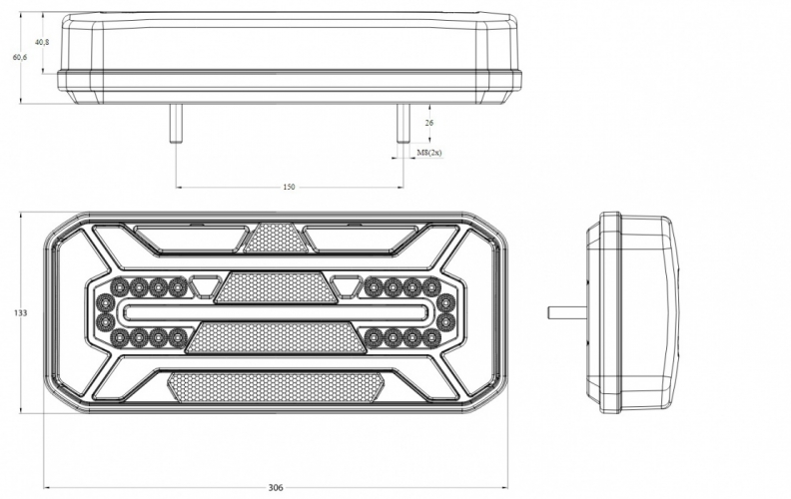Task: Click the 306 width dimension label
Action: [276, 487]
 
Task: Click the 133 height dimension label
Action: [20, 313]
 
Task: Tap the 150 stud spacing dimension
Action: [289, 187]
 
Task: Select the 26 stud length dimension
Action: [429, 123]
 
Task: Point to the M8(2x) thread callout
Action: [429, 153]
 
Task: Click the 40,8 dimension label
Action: [42, 42]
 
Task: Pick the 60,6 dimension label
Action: [20, 57]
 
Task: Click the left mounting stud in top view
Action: [176, 124]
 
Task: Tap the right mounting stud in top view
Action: [403, 124]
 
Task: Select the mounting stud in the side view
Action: [567, 312]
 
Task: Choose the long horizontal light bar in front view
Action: [276, 312]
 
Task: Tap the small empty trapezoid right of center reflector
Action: [346, 284]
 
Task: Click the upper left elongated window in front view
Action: [191, 239]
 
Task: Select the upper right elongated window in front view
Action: [361, 239]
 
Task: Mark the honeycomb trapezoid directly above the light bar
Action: [276, 287]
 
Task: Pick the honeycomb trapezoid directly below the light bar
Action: [276, 337]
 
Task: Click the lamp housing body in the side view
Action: [633, 312]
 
